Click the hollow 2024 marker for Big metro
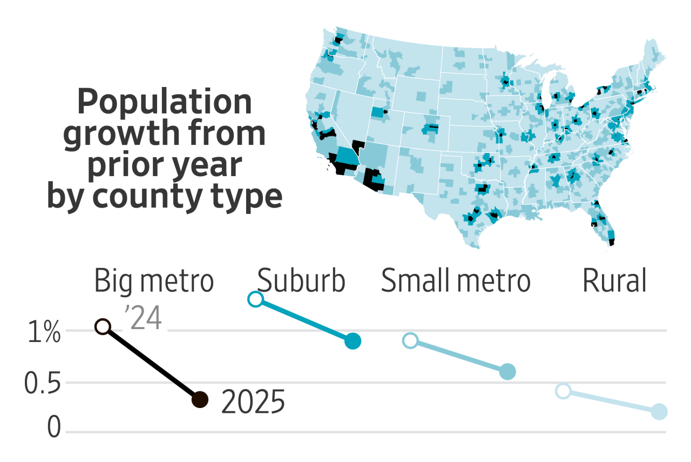point(103,326)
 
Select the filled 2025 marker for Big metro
point(200,400)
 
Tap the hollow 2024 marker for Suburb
point(255,299)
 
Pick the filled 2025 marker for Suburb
point(353,341)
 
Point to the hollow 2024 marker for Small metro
point(410,340)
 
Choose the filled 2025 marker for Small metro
point(507,372)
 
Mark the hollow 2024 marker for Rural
point(563,391)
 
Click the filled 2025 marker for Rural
point(659,412)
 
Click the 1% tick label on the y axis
point(43,334)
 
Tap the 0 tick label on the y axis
point(54,428)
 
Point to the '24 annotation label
point(143,319)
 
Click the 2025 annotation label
point(253,403)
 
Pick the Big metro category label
point(154,282)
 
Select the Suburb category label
point(301,282)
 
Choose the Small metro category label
point(456,282)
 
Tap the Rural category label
point(614,282)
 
